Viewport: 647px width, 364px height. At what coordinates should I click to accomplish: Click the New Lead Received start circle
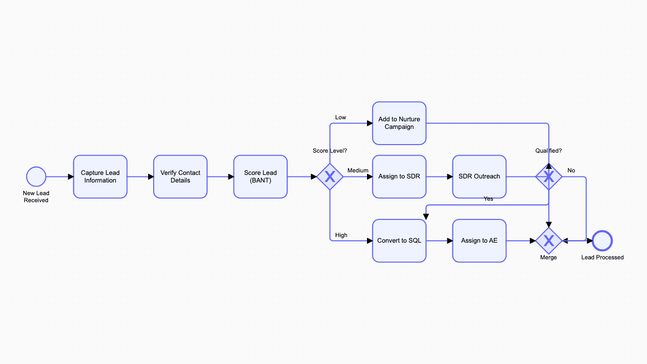[36, 177]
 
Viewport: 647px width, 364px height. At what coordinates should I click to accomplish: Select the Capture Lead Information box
[100, 176]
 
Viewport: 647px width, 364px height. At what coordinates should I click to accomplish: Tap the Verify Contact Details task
[180, 176]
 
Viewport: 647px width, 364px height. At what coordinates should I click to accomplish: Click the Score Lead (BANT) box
[260, 176]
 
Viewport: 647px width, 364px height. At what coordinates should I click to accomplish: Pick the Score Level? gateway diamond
[330, 177]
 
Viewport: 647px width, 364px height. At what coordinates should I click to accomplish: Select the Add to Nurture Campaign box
[399, 123]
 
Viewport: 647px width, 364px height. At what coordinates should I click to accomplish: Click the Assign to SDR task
[399, 176]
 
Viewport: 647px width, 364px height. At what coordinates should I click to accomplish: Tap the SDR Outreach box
[479, 176]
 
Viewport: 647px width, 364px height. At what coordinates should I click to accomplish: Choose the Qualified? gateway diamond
[549, 177]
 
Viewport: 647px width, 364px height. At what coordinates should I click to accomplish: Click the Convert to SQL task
[399, 241]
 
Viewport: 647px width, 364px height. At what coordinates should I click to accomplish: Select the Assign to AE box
[479, 241]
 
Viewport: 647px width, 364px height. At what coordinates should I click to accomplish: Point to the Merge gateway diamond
[549, 241]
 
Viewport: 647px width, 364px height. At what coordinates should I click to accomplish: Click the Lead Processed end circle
[603, 241]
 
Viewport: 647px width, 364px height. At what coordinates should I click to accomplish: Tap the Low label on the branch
[341, 117]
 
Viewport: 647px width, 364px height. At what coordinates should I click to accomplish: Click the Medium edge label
[358, 170]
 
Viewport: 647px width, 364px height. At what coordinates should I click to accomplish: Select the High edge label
[341, 235]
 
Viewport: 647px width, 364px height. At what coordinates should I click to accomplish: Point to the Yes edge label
[488, 199]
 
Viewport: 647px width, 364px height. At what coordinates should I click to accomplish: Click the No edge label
[571, 170]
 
